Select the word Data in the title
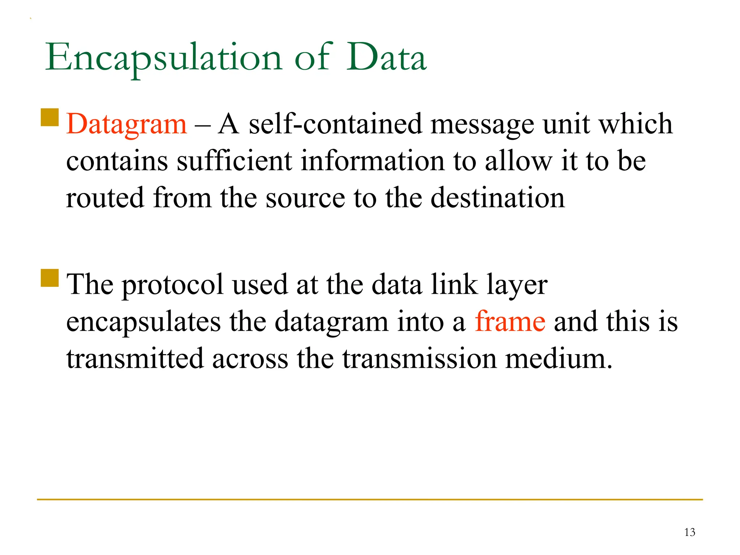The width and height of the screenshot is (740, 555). pyautogui.click(x=386, y=58)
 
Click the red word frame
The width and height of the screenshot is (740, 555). pyautogui.click(x=510, y=321)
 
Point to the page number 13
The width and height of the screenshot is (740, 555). pyautogui.click(x=689, y=532)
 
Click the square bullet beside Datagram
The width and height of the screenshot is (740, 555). pyautogui.click(x=50, y=117)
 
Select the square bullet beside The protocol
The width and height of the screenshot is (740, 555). pyautogui.click(x=50, y=278)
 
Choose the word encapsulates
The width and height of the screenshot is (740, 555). pyautogui.click(x=143, y=321)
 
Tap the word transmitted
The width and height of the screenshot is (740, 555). pyautogui.click(x=135, y=358)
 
